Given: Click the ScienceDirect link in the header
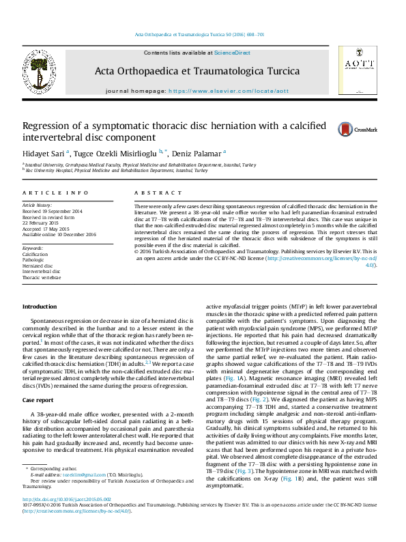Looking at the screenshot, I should [232, 53].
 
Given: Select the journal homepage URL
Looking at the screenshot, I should [229, 91].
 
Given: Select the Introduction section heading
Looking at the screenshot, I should [40, 307].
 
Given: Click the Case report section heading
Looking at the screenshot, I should [38, 399].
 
